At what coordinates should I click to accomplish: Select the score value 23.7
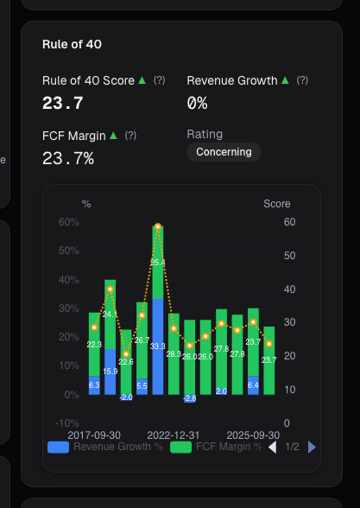point(63,103)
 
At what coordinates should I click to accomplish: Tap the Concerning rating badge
point(224,152)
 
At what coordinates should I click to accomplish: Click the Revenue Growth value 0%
point(198,103)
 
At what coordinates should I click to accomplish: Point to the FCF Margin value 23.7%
point(68,158)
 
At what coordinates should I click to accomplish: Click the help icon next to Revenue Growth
point(302,80)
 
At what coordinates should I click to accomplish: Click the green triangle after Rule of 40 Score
point(142,80)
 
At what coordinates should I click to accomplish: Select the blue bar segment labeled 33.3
point(158,346)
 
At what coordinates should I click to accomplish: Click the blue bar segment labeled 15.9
point(111,371)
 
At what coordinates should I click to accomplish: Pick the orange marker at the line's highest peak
point(158,226)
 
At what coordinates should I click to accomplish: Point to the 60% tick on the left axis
point(68,222)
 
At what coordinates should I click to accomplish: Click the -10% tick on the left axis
point(66,422)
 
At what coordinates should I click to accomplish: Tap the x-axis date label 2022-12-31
point(174,435)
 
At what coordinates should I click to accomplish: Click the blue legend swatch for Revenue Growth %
point(59,448)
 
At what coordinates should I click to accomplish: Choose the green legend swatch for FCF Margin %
point(180,448)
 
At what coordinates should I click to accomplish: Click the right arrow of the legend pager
point(313,448)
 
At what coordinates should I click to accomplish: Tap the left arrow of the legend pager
point(272,448)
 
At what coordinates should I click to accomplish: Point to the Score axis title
point(277,204)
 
